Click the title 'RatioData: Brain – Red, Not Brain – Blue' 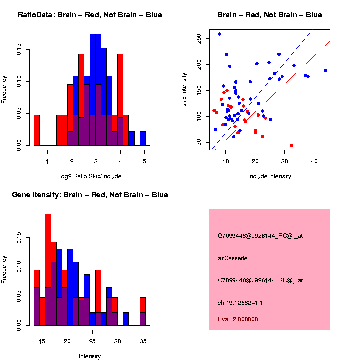[x=90, y=15]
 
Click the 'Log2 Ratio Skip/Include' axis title [x=90, y=176]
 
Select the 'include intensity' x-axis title [x=270, y=176]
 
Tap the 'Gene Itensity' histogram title [x=90, y=195]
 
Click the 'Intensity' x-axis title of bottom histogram [x=90, y=356]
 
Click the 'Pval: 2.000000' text [x=238, y=319]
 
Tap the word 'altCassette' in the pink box [x=232, y=258]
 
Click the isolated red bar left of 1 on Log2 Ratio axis [x=36, y=131]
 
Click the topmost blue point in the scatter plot [x=219, y=34]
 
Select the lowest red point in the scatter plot [x=291, y=145]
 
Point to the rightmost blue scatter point [x=325, y=70]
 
